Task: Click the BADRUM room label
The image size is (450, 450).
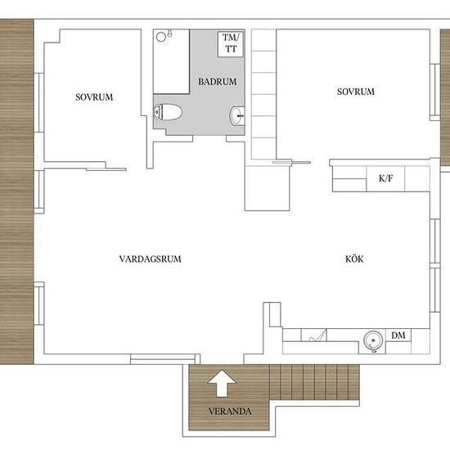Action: (218, 82)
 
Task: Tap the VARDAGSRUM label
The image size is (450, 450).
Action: (150, 259)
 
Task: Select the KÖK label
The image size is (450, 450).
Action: (354, 259)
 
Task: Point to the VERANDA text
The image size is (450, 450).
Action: (230, 411)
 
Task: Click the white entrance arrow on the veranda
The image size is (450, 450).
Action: (222, 384)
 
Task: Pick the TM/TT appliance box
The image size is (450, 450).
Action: (231, 43)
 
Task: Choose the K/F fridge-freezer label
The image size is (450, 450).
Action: (385, 178)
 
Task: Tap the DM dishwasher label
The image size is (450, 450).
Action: (398, 335)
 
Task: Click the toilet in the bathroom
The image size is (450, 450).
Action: (168, 112)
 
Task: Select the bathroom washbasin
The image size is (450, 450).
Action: (237, 115)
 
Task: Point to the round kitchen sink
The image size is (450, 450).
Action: (373, 340)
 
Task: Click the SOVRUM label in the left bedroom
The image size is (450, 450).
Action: (94, 97)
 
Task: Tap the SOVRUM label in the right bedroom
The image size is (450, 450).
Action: (356, 92)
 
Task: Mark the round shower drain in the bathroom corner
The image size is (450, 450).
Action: (160, 37)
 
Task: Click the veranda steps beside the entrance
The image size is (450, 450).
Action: (314, 382)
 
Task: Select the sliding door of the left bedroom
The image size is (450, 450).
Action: (106, 169)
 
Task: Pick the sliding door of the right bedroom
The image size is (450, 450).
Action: (291, 163)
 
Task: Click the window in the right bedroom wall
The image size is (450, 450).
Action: (435, 92)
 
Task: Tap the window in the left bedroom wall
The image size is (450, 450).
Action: (39, 102)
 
